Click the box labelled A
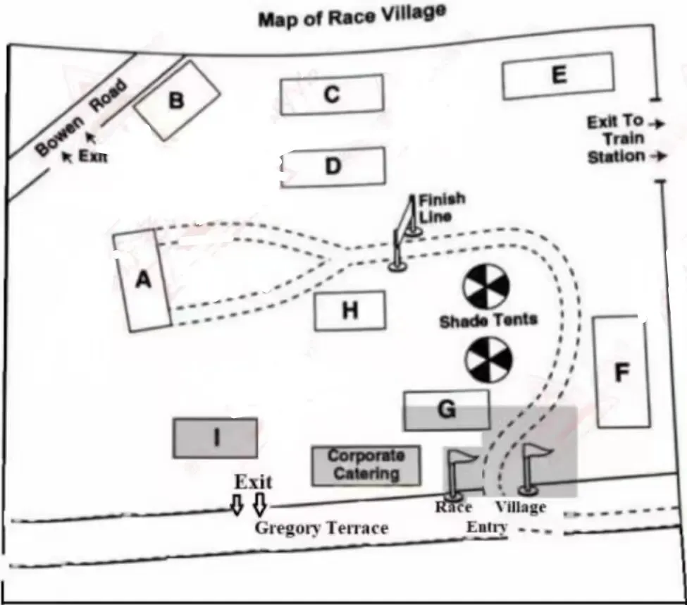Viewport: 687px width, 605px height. (x=142, y=280)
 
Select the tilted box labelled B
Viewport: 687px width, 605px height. (x=177, y=101)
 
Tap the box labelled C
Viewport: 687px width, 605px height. (x=332, y=94)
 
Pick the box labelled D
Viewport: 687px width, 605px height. (x=333, y=166)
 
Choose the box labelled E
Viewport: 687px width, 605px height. (x=558, y=75)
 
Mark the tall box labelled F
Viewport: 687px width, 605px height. (x=621, y=372)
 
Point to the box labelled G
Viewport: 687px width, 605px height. (x=447, y=410)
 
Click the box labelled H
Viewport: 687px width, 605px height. (x=350, y=310)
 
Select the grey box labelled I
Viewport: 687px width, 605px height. (x=215, y=438)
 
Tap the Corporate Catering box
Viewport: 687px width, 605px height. (x=366, y=465)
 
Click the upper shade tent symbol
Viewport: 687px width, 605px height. (x=486, y=287)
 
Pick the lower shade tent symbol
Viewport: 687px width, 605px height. (x=488, y=360)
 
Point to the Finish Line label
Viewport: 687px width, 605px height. (x=441, y=208)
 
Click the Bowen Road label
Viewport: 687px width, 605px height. (x=81, y=117)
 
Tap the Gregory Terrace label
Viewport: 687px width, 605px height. (x=321, y=528)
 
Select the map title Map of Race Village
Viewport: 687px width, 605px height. (x=352, y=16)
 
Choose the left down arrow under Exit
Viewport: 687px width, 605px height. (x=237, y=505)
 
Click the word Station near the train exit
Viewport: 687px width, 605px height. (x=616, y=157)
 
